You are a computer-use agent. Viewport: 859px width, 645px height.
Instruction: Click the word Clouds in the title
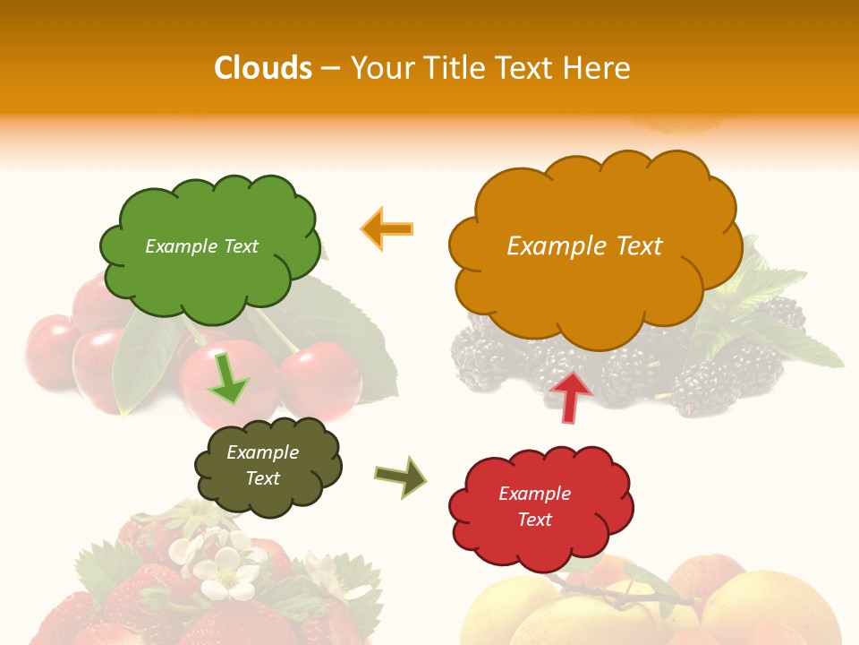(x=263, y=68)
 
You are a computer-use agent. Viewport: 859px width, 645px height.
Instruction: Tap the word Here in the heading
(x=598, y=68)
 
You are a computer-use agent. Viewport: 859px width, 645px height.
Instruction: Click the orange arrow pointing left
(x=387, y=228)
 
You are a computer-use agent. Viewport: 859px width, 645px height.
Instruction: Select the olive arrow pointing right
(x=401, y=477)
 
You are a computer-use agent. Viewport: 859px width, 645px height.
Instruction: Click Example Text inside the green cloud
(x=201, y=246)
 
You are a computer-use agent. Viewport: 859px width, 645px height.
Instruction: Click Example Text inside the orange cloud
(x=584, y=246)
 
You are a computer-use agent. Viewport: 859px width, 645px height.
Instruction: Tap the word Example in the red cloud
(x=534, y=494)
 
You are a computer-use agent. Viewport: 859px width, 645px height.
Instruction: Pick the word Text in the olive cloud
(x=263, y=478)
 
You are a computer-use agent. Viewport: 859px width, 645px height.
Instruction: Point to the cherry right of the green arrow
(x=321, y=377)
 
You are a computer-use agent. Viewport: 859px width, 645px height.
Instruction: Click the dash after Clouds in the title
(x=329, y=68)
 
